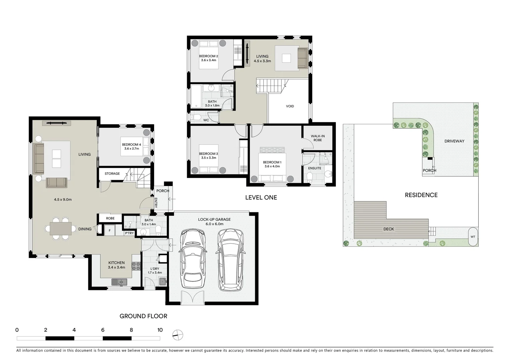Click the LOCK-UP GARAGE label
click(x=214, y=219)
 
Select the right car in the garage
click(x=230, y=259)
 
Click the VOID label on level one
click(x=290, y=106)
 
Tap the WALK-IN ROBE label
click(x=318, y=138)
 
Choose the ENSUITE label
click(x=315, y=168)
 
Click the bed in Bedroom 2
click(x=209, y=54)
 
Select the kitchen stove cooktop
click(x=136, y=266)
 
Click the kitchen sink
click(x=119, y=282)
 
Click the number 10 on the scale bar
click(x=160, y=330)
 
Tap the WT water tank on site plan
click(x=473, y=237)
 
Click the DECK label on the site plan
click(x=389, y=229)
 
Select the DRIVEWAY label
click(x=454, y=141)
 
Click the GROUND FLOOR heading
click(x=143, y=316)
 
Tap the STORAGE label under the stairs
click(x=112, y=174)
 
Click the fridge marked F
click(x=109, y=230)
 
